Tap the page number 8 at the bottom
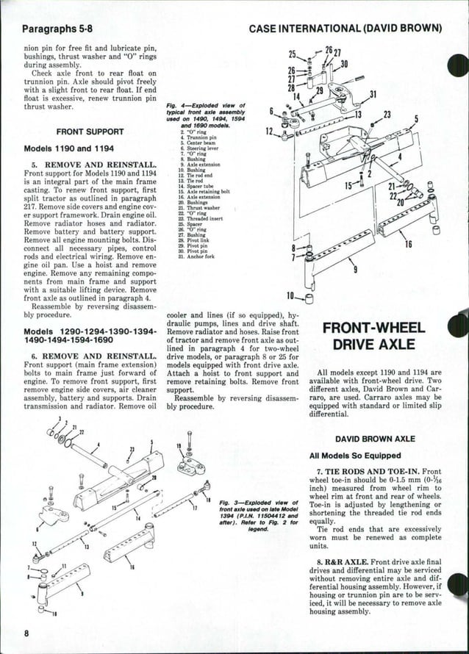(26, 633)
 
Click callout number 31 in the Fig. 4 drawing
(372, 94)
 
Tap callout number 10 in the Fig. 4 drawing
(291, 296)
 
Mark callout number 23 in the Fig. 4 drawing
(387, 115)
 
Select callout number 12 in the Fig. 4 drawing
(269, 132)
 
